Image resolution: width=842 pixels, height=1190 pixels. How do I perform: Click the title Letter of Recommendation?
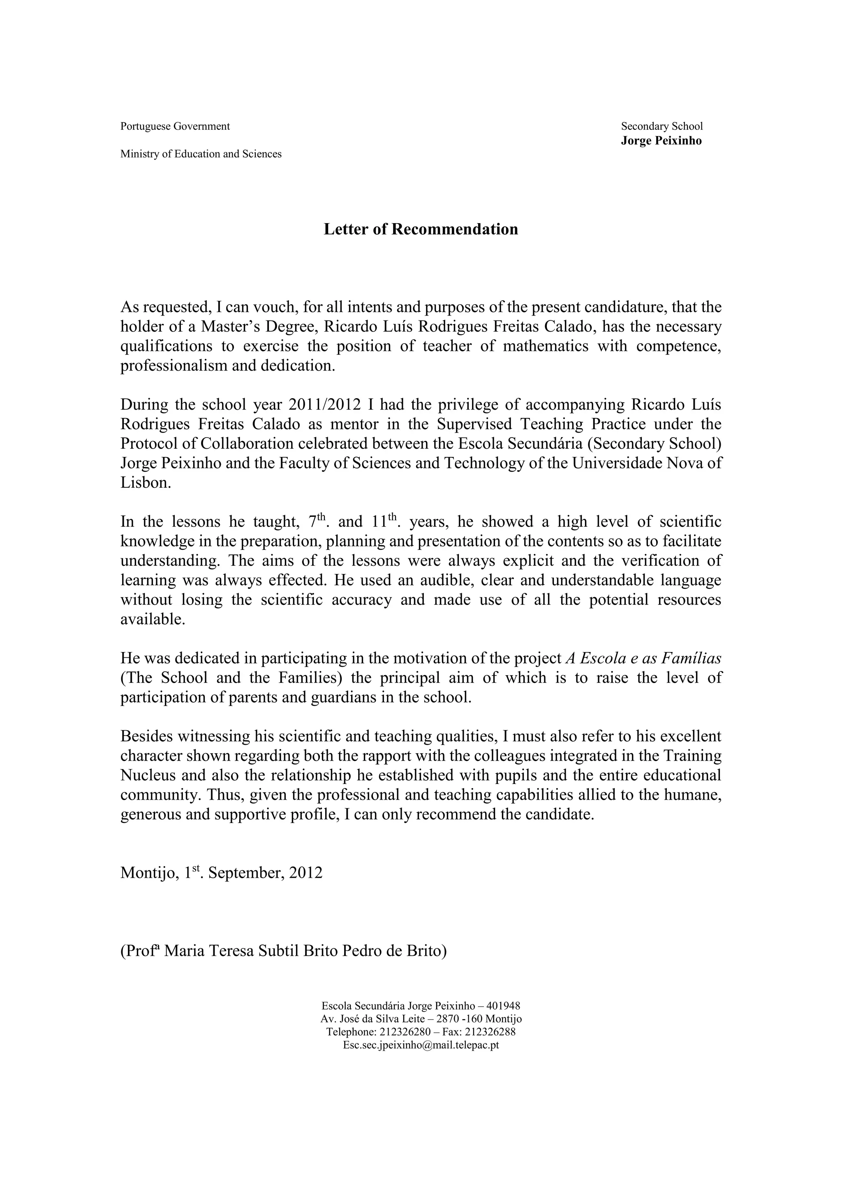coord(421,229)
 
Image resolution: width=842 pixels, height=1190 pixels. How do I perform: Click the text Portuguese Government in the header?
coord(175,126)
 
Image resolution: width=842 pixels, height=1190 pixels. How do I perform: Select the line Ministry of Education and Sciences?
coord(201,154)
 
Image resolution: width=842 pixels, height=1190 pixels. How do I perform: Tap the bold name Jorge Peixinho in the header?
coord(661,141)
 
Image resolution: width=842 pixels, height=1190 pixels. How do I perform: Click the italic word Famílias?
coord(691,658)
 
